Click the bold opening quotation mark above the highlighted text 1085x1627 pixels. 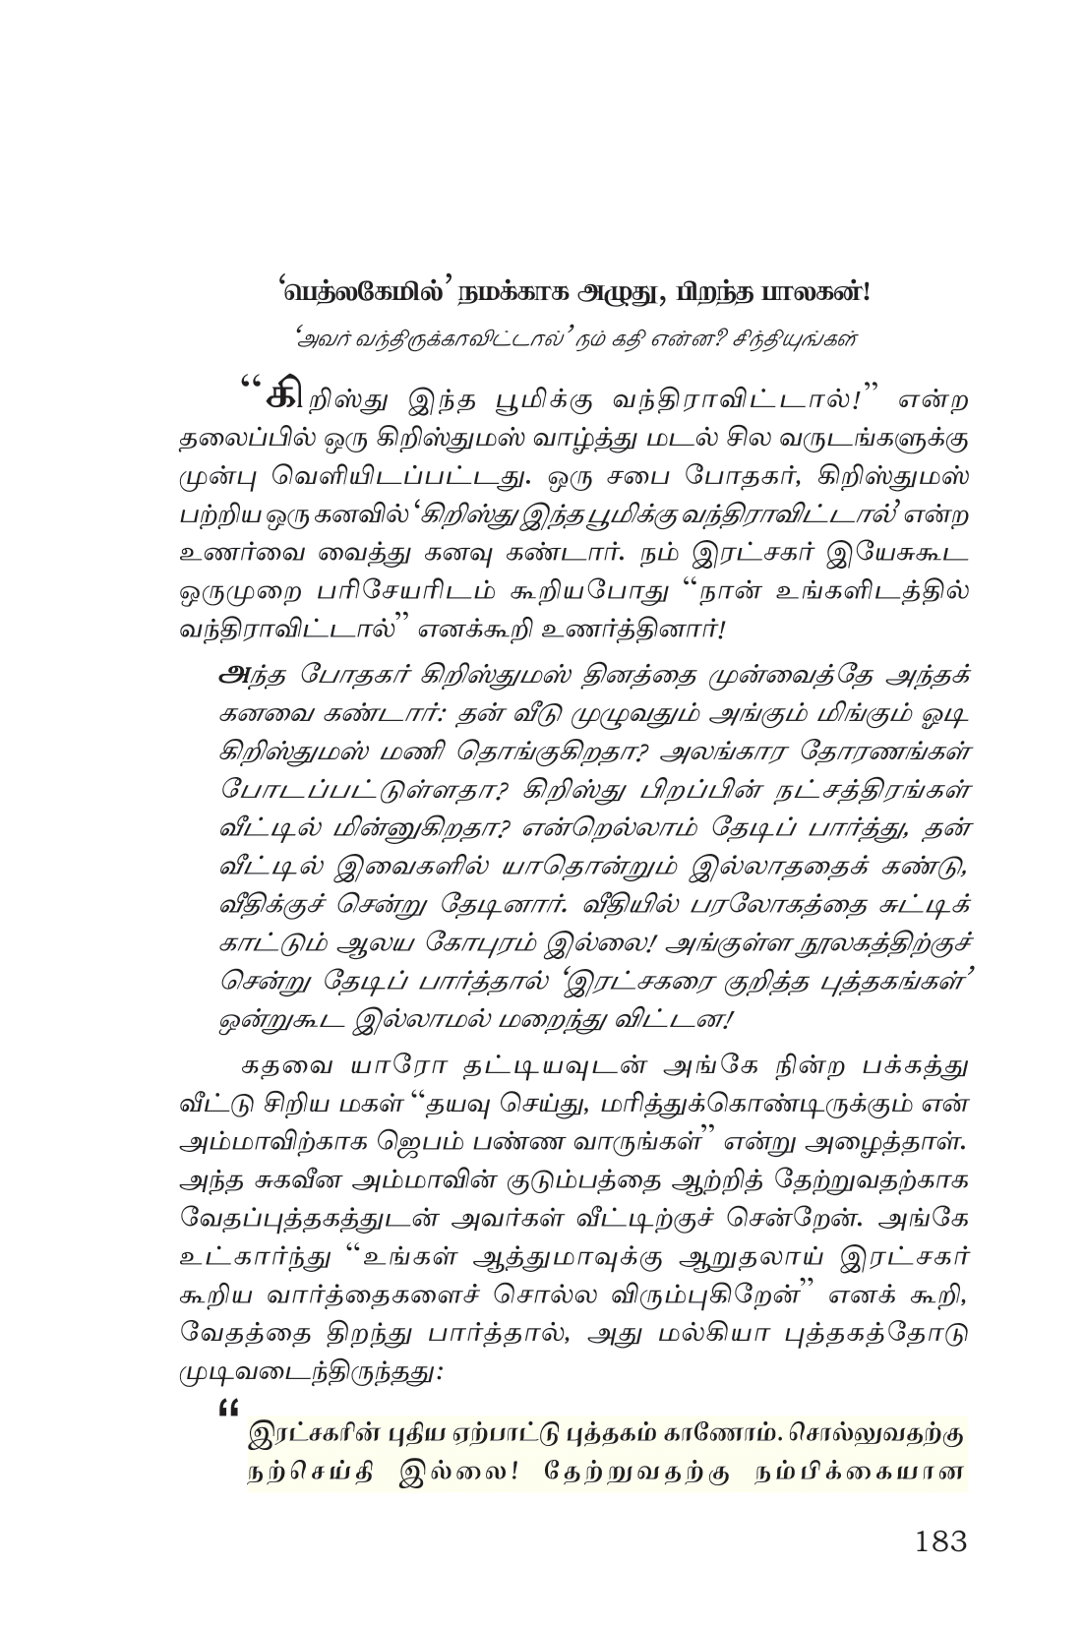click(232, 1407)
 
